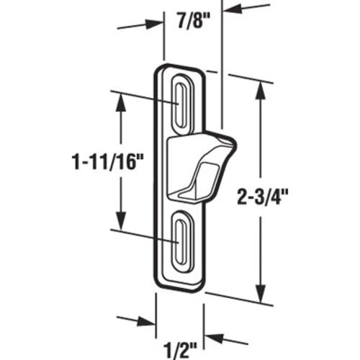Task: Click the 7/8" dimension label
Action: pos(194,21)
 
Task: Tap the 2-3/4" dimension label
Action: pos(262,197)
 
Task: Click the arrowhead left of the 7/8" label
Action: pos(153,24)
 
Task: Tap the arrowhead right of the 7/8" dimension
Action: pos(233,9)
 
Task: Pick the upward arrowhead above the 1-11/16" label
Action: pos(120,102)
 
